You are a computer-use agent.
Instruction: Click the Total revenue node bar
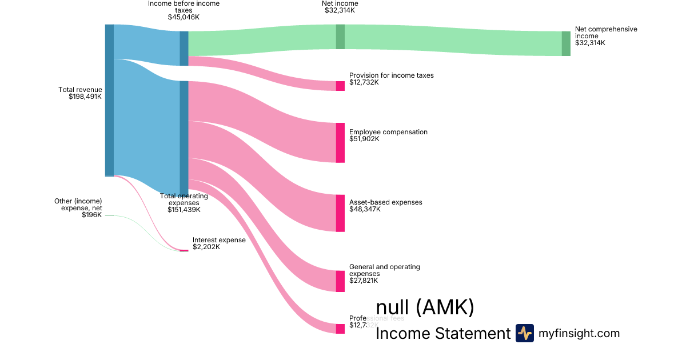pos(109,100)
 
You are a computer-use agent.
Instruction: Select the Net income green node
pos(340,37)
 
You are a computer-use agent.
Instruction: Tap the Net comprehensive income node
pos(566,43)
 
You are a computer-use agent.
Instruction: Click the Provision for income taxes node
pos(340,86)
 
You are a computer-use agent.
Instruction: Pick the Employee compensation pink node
pos(340,142)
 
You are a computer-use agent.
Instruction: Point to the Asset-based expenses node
pos(340,213)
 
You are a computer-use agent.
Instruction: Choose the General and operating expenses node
pos(340,281)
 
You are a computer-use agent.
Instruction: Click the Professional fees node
pos(340,329)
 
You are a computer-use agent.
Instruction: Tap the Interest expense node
pos(184,250)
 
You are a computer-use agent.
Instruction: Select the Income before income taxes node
pos(184,48)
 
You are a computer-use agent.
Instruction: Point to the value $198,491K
pos(85,97)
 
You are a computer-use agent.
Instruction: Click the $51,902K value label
pos(364,139)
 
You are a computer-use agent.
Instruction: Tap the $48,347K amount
pos(365,209)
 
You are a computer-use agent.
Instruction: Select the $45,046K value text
pos(184,17)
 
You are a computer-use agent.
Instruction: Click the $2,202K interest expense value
pos(206,247)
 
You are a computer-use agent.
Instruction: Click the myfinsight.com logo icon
pos(524,333)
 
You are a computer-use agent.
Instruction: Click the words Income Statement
pos(442,334)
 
